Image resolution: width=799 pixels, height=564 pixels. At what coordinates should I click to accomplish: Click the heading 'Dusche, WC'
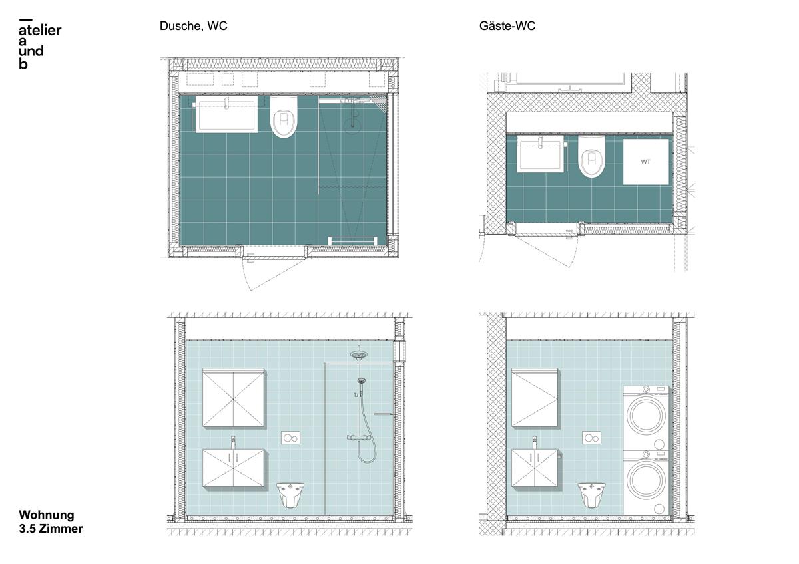coord(193,27)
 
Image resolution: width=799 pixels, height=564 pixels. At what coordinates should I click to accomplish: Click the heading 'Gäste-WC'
coord(507,27)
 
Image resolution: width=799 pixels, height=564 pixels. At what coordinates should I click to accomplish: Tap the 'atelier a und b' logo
coord(40,45)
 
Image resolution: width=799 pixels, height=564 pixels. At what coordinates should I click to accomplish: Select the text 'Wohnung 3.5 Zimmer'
coord(51,522)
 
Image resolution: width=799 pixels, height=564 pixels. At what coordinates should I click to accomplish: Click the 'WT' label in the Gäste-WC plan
coord(646,162)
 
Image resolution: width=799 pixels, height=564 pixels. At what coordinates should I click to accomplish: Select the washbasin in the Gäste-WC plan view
coord(540,154)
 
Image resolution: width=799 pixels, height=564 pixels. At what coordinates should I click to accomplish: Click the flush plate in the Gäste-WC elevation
coord(592,438)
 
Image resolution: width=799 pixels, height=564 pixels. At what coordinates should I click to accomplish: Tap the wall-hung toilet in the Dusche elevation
coord(290,494)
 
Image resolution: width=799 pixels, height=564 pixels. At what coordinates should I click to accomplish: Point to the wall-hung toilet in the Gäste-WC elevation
coord(591,494)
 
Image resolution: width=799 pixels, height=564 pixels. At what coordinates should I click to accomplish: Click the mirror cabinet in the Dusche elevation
coord(233,396)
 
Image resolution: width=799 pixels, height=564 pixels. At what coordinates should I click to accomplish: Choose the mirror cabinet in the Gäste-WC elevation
coord(535,398)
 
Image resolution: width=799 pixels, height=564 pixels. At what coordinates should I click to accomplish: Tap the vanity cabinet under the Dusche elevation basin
coord(235,469)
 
